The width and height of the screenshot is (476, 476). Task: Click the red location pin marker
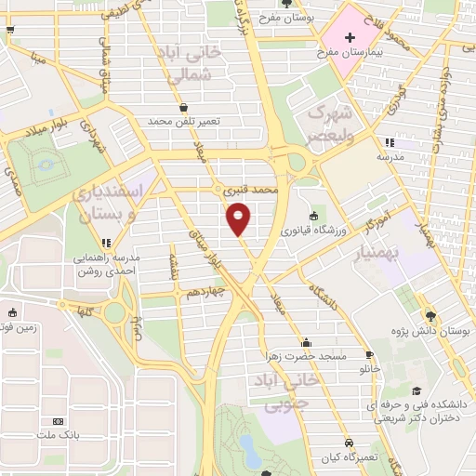pyautogui.click(x=238, y=220)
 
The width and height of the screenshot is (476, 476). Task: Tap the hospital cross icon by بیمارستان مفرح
pyautogui.click(x=349, y=38)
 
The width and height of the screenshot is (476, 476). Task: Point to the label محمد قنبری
pyautogui.click(x=252, y=189)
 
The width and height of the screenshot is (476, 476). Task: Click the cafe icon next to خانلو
pyautogui.click(x=369, y=354)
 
